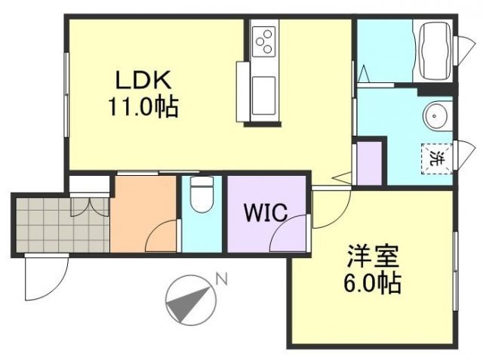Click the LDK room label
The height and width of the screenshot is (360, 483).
click(143, 80)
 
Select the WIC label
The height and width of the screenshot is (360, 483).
click(265, 213)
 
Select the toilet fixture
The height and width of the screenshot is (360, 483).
click(201, 197)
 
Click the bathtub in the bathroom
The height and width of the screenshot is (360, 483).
click(434, 51)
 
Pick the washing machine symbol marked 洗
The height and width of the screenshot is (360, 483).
click(436, 158)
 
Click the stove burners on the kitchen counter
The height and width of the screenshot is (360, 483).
click(264, 41)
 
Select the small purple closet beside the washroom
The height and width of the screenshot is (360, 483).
click(369, 162)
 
